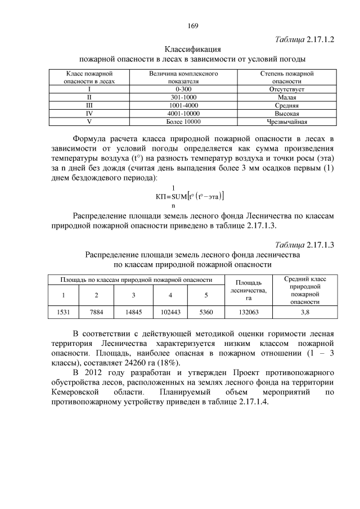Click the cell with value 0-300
click(x=183, y=89)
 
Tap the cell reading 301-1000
click(x=183, y=97)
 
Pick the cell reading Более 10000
click(x=183, y=121)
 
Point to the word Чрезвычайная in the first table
click(x=287, y=121)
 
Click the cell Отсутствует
click(x=287, y=89)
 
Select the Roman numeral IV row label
click(x=89, y=113)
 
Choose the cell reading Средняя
click(x=287, y=105)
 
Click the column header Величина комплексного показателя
click(x=183, y=77)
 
